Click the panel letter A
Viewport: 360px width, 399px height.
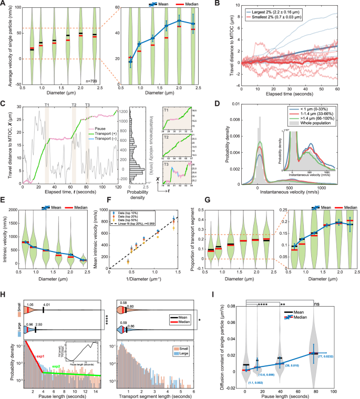[3, 4]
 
